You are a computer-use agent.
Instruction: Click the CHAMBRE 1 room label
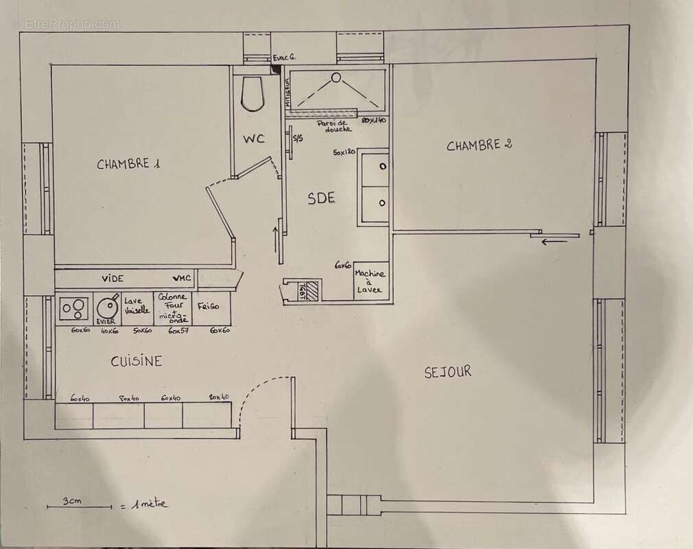click(x=128, y=164)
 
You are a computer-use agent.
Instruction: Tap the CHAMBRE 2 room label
click(x=480, y=145)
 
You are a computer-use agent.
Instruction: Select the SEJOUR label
click(x=447, y=372)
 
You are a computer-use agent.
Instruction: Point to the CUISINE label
click(x=137, y=361)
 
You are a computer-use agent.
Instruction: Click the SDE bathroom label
click(x=321, y=198)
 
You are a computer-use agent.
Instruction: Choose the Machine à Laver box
click(x=371, y=281)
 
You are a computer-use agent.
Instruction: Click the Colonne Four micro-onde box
click(x=173, y=307)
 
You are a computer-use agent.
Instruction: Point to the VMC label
click(x=183, y=279)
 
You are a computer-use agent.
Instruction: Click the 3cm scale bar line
click(x=79, y=508)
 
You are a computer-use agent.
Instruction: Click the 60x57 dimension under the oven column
click(x=178, y=330)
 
